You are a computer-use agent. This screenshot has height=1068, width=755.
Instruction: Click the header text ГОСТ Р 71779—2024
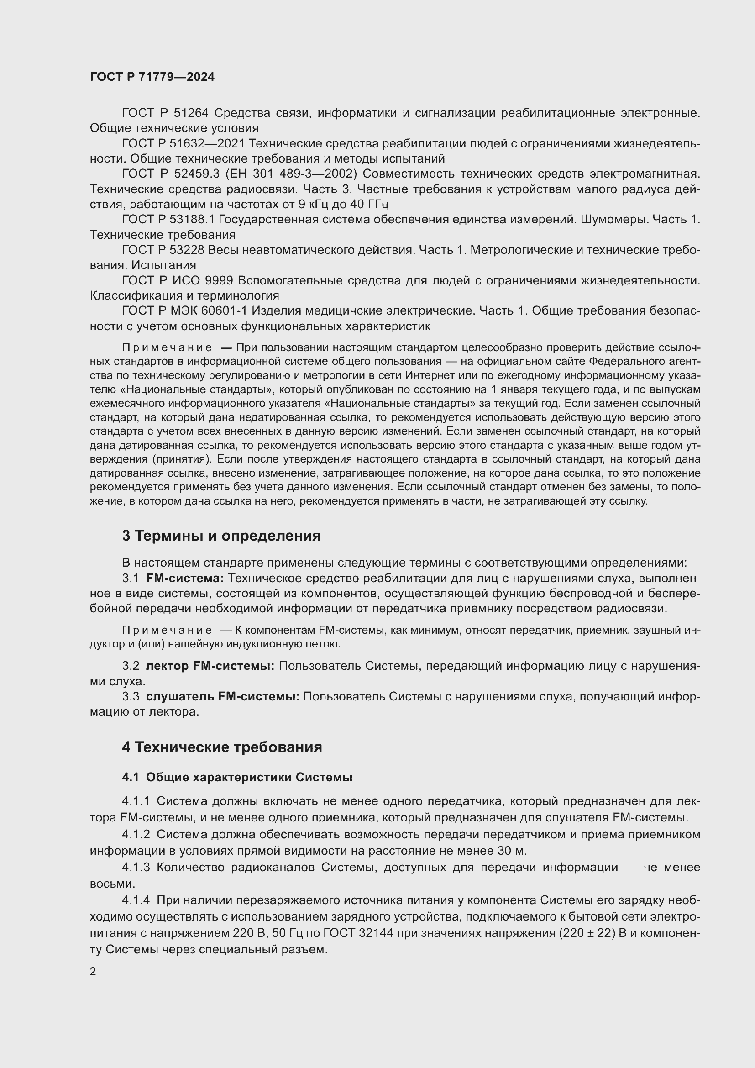(x=152, y=77)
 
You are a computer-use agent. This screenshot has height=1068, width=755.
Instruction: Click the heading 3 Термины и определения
(x=221, y=536)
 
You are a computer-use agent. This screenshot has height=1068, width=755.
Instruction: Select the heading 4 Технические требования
(x=222, y=747)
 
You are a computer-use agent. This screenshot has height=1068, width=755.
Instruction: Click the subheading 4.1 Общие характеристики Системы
(x=237, y=777)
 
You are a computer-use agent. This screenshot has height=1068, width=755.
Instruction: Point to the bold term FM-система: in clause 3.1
(x=184, y=578)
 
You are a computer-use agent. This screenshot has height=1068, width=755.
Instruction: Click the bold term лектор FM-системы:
(x=210, y=666)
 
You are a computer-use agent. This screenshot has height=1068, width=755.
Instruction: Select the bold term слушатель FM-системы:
(x=223, y=696)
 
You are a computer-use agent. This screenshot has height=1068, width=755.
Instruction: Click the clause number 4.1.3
(x=136, y=868)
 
